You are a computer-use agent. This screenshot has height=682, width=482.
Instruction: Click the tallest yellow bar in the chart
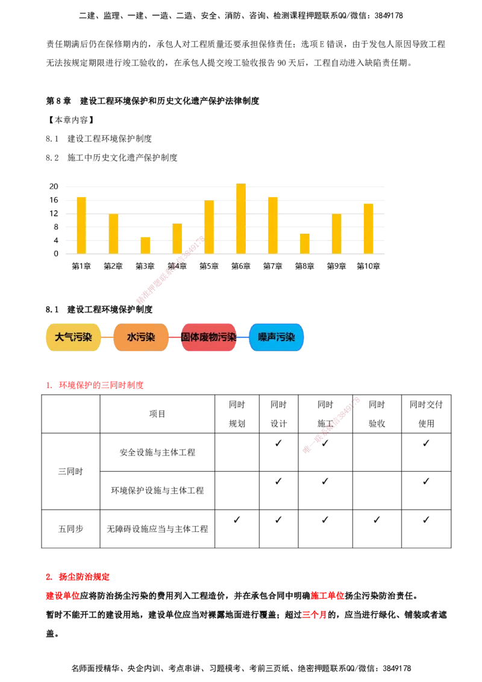[240, 218]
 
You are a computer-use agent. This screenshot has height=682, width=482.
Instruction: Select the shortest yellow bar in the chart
[145, 245]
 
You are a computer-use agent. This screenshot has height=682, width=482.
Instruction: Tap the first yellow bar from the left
[81, 224]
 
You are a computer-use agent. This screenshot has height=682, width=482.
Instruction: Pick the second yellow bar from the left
[113, 233]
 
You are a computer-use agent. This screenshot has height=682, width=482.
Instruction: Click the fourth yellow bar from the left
[177, 238]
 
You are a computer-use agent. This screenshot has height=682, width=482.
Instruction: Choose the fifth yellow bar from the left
[209, 227]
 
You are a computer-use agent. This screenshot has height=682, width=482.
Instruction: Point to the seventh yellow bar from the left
[272, 224]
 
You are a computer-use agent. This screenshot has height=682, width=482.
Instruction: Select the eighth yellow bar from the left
[304, 243]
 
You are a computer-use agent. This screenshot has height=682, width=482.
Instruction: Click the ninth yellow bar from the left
[336, 233]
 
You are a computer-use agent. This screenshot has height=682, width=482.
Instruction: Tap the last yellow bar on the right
[368, 228]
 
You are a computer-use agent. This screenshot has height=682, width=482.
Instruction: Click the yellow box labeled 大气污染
[73, 337]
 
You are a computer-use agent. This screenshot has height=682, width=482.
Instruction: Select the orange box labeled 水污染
[140, 337]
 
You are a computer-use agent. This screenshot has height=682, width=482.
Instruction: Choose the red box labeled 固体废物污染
[208, 337]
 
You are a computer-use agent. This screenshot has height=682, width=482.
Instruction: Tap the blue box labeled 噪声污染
[277, 337]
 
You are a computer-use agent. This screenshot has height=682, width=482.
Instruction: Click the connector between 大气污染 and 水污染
[107, 337]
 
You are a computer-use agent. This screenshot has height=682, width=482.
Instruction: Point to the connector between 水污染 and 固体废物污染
[175, 337]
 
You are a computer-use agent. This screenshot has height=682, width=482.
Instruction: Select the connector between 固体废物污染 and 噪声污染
[243, 337]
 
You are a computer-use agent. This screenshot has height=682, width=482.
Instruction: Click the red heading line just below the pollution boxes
[95, 386]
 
